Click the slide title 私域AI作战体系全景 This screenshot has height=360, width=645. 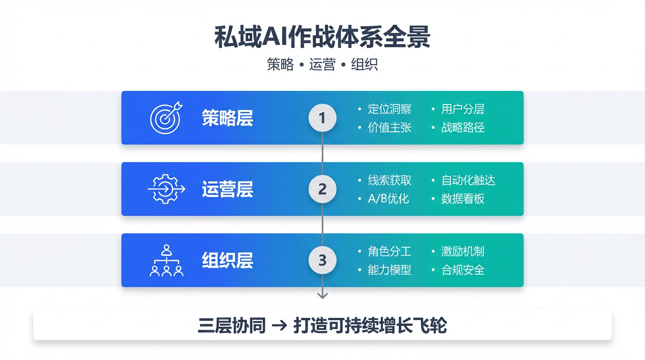pyautogui.click(x=322, y=37)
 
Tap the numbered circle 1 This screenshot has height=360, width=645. pyautogui.click(x=322, y=118)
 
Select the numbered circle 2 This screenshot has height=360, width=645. pyautogui.click(x=322, y=189)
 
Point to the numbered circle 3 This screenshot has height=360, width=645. pyautogui.click(x=322, y=260)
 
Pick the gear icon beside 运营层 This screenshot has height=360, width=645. pyautogui.click(x=166, y=189)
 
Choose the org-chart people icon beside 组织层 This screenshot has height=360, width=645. pyautogui.click(x=166, y=261)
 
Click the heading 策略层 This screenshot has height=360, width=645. pyautogui.click(x=227, y=118)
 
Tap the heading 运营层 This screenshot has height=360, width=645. pyautogui.click(x=227, y=189)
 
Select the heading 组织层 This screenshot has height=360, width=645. pyautogui.click(x=227, y=261)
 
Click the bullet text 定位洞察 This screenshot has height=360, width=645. pyautogui.click(x=390, y=109)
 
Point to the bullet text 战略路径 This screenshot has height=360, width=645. pyautogui.click(x=463, y=127)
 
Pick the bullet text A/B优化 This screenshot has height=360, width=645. pyautogui.click(x=389, y=199)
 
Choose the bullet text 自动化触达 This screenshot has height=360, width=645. pyautogui.click(x=468, y=180)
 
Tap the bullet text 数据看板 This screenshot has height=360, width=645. pyautogui.click(x=463, y=199)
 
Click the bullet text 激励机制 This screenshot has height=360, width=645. pyautogui.click(x=463, y=251)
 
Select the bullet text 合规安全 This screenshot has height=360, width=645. pyautogui.click(x=463, y=270)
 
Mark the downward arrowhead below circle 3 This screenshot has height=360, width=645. pyautogui.click(x=322, y=295)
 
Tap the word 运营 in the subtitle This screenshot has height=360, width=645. pyautogui.click(x=322, y=65)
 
